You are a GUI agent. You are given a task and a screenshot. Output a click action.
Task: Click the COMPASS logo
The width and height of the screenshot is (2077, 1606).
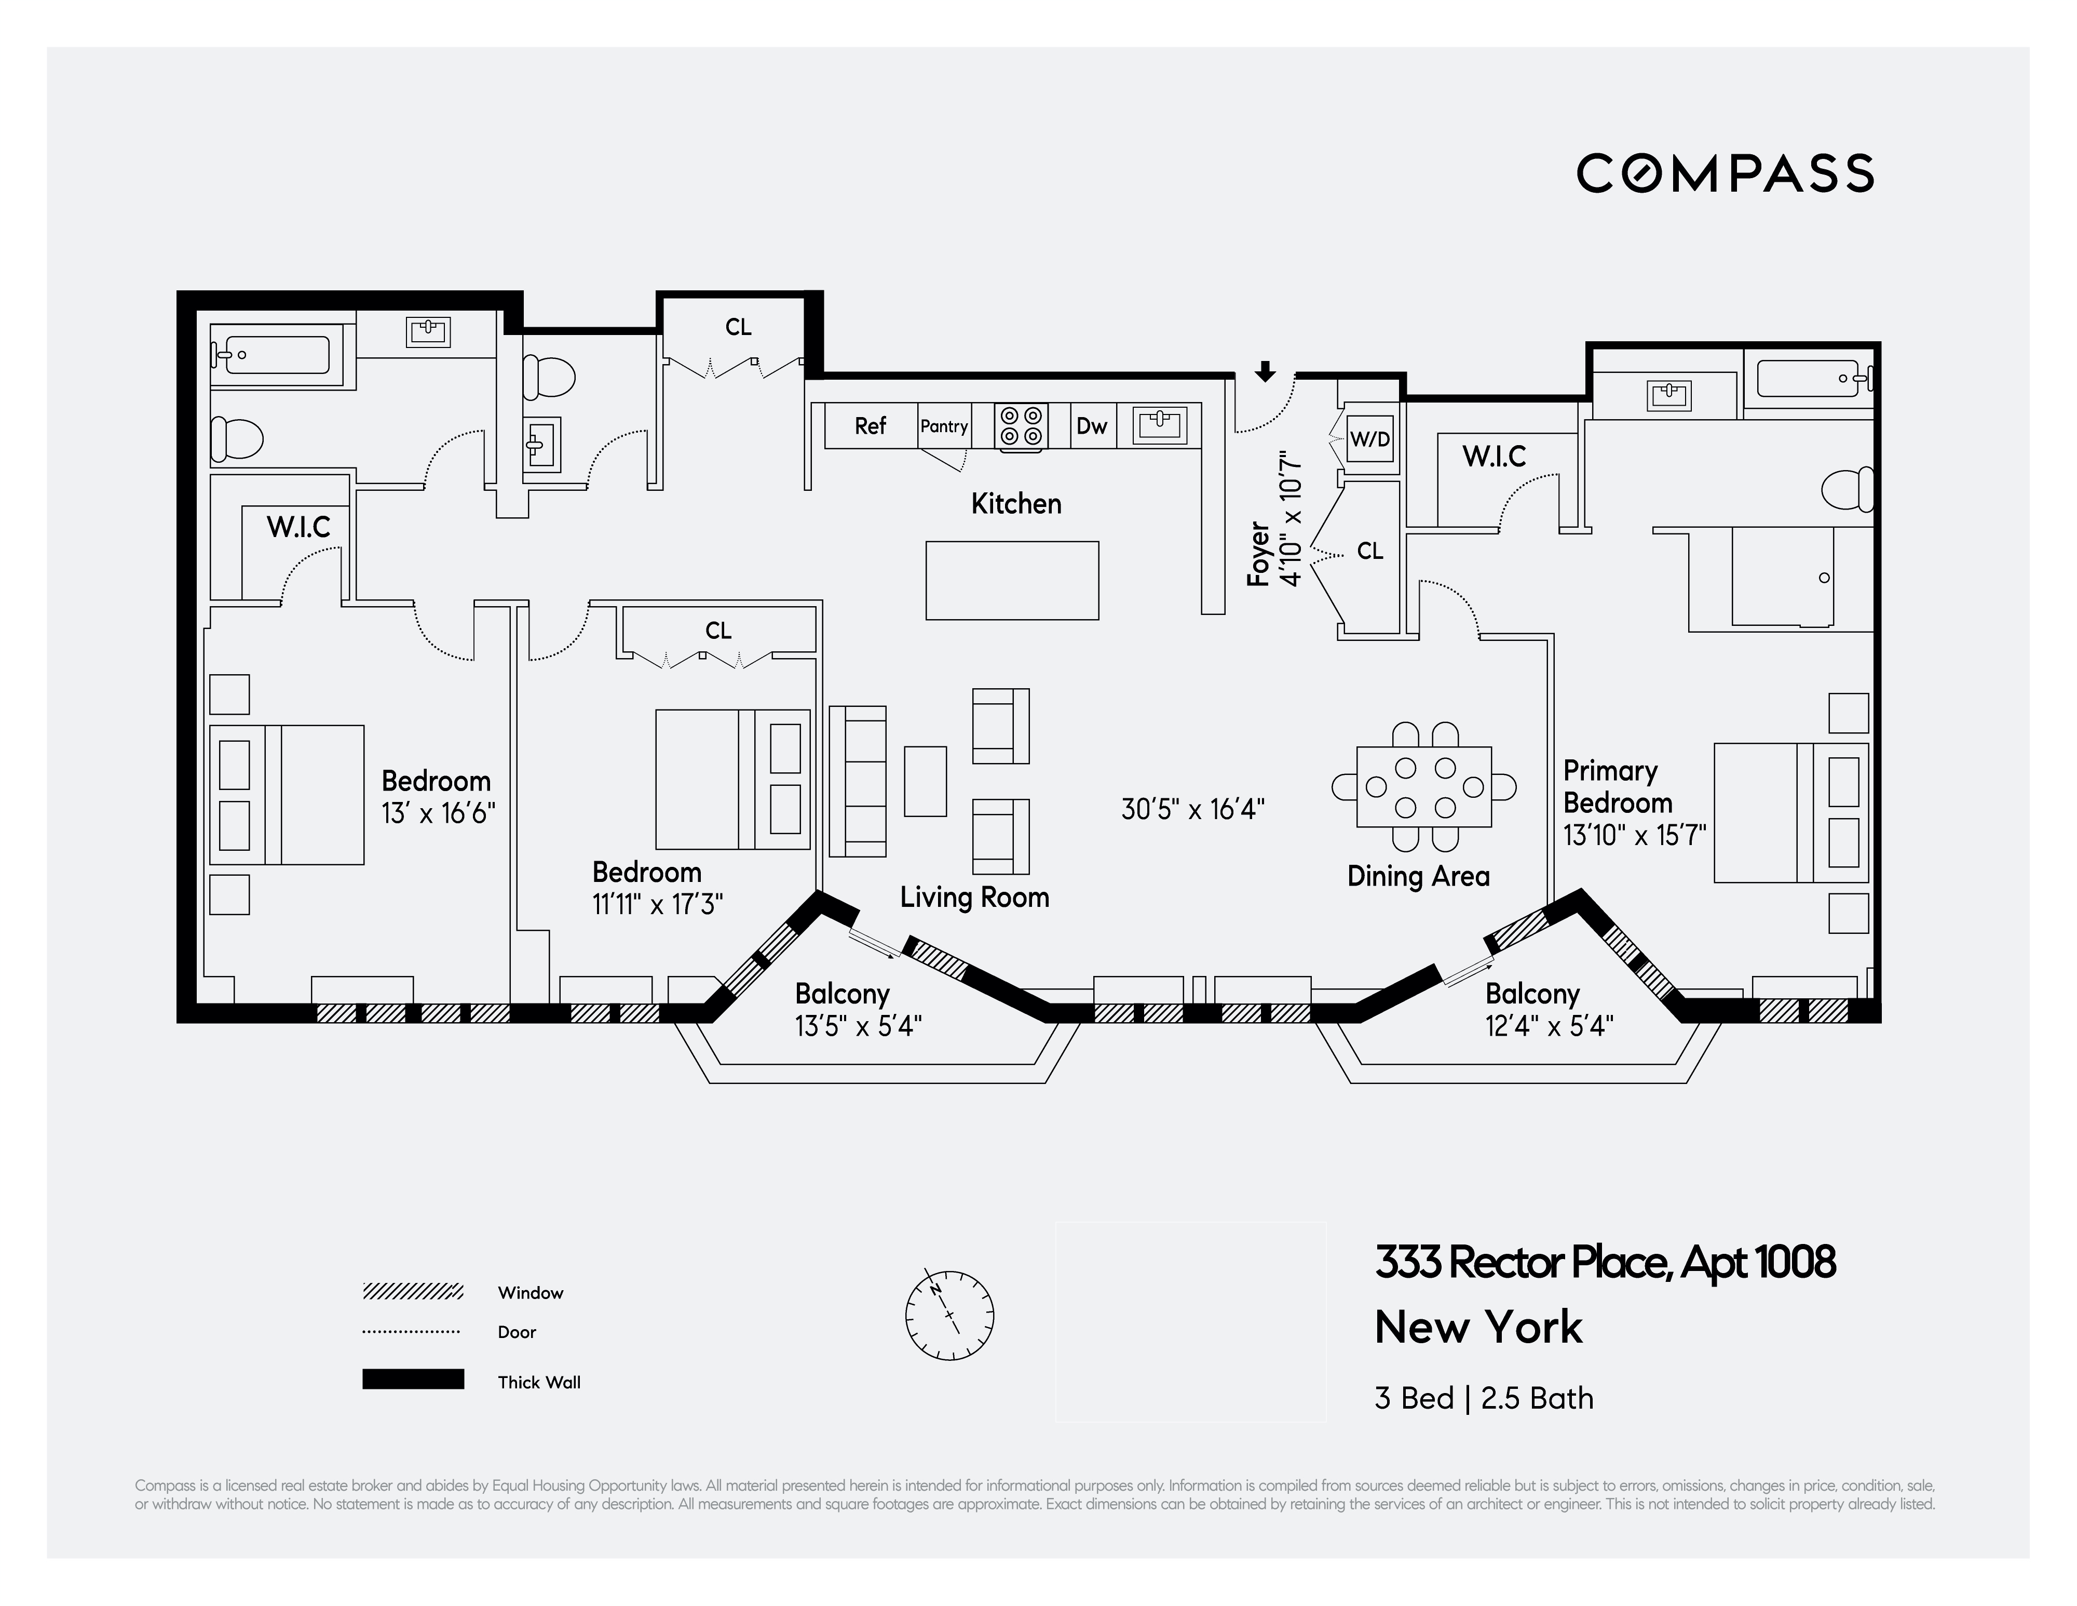pos(1725,173)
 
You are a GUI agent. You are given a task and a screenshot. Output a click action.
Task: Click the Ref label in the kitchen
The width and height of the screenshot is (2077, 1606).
pos(870,426)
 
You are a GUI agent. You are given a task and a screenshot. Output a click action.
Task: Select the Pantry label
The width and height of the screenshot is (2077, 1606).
pos(943,426)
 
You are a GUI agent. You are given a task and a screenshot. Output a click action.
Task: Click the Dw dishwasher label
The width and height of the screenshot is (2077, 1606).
pos(1092,426)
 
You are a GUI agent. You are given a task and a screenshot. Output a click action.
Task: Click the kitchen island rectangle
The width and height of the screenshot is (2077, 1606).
pos(1012,580)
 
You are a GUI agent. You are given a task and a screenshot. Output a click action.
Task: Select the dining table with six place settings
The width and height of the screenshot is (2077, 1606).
pos(1423,787)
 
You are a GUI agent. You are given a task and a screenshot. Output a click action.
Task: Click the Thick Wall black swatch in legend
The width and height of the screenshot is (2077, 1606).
pos(413,1380)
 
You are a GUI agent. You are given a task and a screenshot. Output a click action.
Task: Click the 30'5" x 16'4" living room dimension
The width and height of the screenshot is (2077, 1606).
pos(1192,810)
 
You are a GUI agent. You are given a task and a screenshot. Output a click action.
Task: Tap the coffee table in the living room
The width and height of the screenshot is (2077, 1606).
pos(925,781)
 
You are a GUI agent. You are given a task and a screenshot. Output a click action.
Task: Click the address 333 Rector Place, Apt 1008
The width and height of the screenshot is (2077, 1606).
pos(1605,1264)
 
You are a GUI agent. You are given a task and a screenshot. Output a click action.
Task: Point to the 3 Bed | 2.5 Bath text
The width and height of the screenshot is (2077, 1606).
pos(1484,1399)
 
